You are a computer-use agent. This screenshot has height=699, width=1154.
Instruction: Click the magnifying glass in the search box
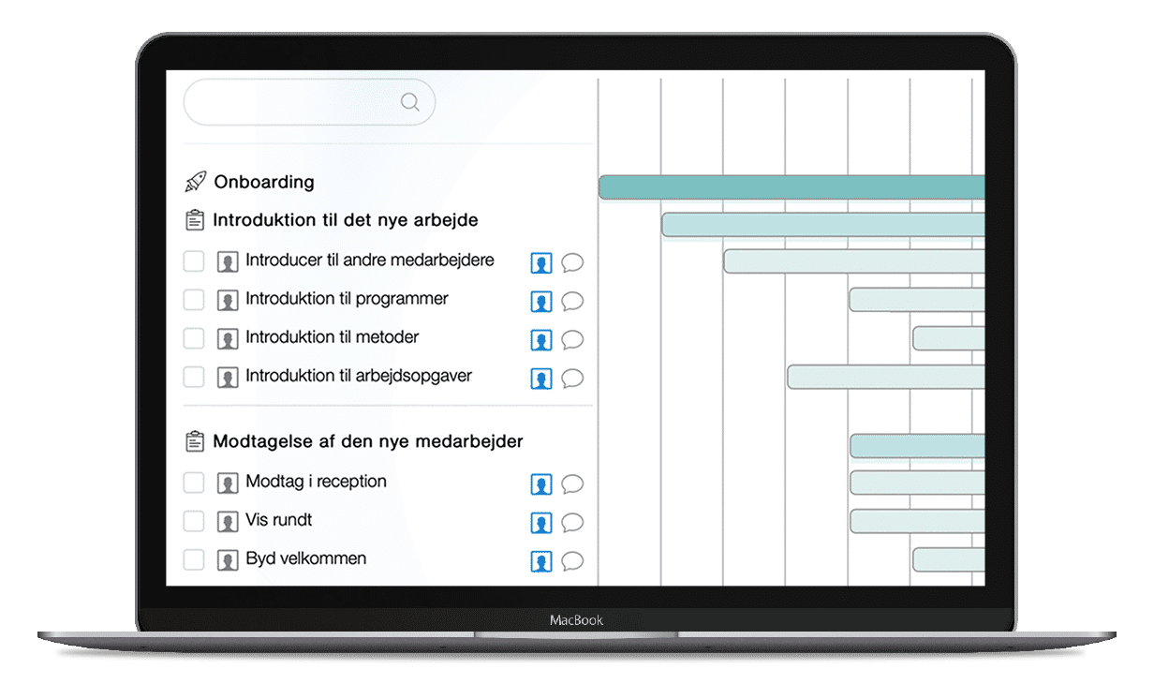410,102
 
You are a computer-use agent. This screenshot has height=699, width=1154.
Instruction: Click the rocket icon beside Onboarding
196,182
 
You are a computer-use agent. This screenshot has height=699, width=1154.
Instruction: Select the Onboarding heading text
264,182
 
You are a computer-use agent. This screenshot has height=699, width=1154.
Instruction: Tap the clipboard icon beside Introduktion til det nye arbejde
195,220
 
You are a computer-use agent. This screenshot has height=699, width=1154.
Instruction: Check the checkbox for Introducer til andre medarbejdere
194,260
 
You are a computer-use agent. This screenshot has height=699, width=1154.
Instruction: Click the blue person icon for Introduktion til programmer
541,302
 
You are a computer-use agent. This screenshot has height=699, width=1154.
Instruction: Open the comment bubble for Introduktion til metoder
572,340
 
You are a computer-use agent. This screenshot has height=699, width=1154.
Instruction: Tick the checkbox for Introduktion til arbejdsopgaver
194,377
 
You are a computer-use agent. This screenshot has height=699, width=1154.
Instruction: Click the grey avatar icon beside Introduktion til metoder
228,339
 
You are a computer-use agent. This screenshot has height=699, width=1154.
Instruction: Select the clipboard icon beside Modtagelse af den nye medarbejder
195,441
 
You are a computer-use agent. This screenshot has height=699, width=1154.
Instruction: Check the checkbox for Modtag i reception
194,483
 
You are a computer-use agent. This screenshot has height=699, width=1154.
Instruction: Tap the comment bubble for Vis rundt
572,523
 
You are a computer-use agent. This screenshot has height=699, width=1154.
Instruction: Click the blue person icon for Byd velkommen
541,561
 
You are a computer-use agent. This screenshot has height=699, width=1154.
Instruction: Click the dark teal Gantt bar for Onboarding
792,187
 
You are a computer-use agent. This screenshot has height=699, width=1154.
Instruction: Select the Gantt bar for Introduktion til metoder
949,338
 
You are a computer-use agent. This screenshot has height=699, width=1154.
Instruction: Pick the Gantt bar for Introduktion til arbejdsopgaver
886,377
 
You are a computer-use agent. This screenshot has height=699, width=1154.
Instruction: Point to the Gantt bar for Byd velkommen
949,559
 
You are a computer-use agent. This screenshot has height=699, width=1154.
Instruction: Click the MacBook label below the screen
576,620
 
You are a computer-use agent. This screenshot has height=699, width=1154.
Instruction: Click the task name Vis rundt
279,520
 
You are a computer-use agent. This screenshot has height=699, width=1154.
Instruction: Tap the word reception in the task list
351,482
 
